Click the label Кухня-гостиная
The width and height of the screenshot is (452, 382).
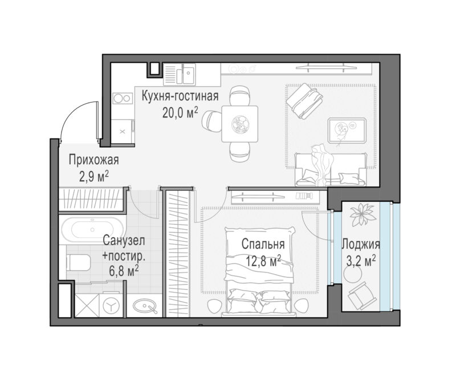pyautogui.click(x=180, y=96)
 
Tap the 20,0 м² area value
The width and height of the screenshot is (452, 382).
pyautogui.click(x=180, y=113)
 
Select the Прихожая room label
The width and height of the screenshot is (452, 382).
pyautogui.click(x=93, y=160)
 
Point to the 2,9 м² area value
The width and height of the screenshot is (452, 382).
pyautogui.click(x=94, y=176)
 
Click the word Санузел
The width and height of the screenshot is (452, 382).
pyautogui.click(x=124, y=241)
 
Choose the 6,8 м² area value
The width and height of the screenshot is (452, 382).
pyautogui.click(x=124, y=271)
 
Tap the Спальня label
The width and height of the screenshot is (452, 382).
pyautogui.click(x=263, y=244)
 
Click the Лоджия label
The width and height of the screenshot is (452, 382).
pyautogui.click(x=361, y=245)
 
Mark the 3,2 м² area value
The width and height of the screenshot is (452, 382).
pyautogui.click(x=361, y=261)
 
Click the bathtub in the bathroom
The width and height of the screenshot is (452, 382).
pyautogui.click(x=92, y=230)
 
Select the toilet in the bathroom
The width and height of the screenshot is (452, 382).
pyautogui.click(x=78, y=262)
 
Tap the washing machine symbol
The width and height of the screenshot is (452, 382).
pyautogui.click(x=112, y=305)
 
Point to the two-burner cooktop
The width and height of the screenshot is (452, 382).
pyautogui.click(x=123, y=98)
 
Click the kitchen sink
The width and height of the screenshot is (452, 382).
pyautogui.click(x=180, y=74)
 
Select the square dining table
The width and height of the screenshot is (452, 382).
pyautogui.click(x=239, y=124)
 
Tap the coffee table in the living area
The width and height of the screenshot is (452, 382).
pyautogui.click(x=347, y=131)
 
